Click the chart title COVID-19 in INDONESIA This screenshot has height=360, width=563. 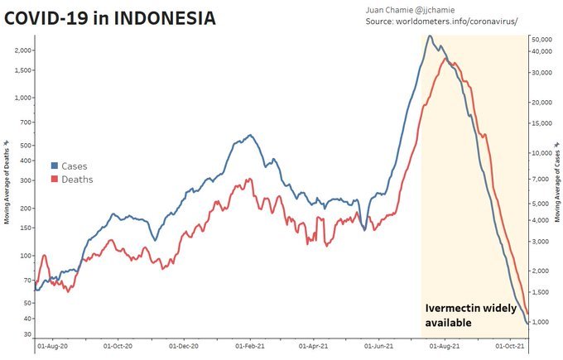click(x=110, y=17)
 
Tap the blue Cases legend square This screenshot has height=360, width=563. click(x=55, y=166)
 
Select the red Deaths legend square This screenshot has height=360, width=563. click(x=55, y=180)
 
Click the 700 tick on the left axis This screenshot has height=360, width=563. click(x=24, y=122)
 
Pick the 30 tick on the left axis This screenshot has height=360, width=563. click(x=26, y=334)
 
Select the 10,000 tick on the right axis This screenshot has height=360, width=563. click(x=541, y=153)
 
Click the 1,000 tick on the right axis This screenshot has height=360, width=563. click(x=542, y=322)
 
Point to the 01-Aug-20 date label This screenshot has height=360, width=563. click(x=52, y=348)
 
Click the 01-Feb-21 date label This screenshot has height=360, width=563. click(x=248, y=348)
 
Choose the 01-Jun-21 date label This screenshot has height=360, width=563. click(x=379, y=348)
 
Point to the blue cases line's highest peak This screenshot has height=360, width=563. click(x=430, y=36)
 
